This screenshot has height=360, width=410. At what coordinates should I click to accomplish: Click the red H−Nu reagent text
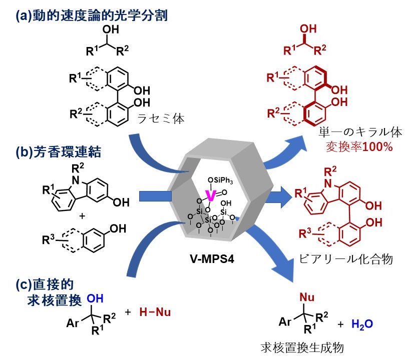[x=154, y=312]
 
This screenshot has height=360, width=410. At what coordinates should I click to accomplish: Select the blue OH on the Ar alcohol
[x=94, y=297]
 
